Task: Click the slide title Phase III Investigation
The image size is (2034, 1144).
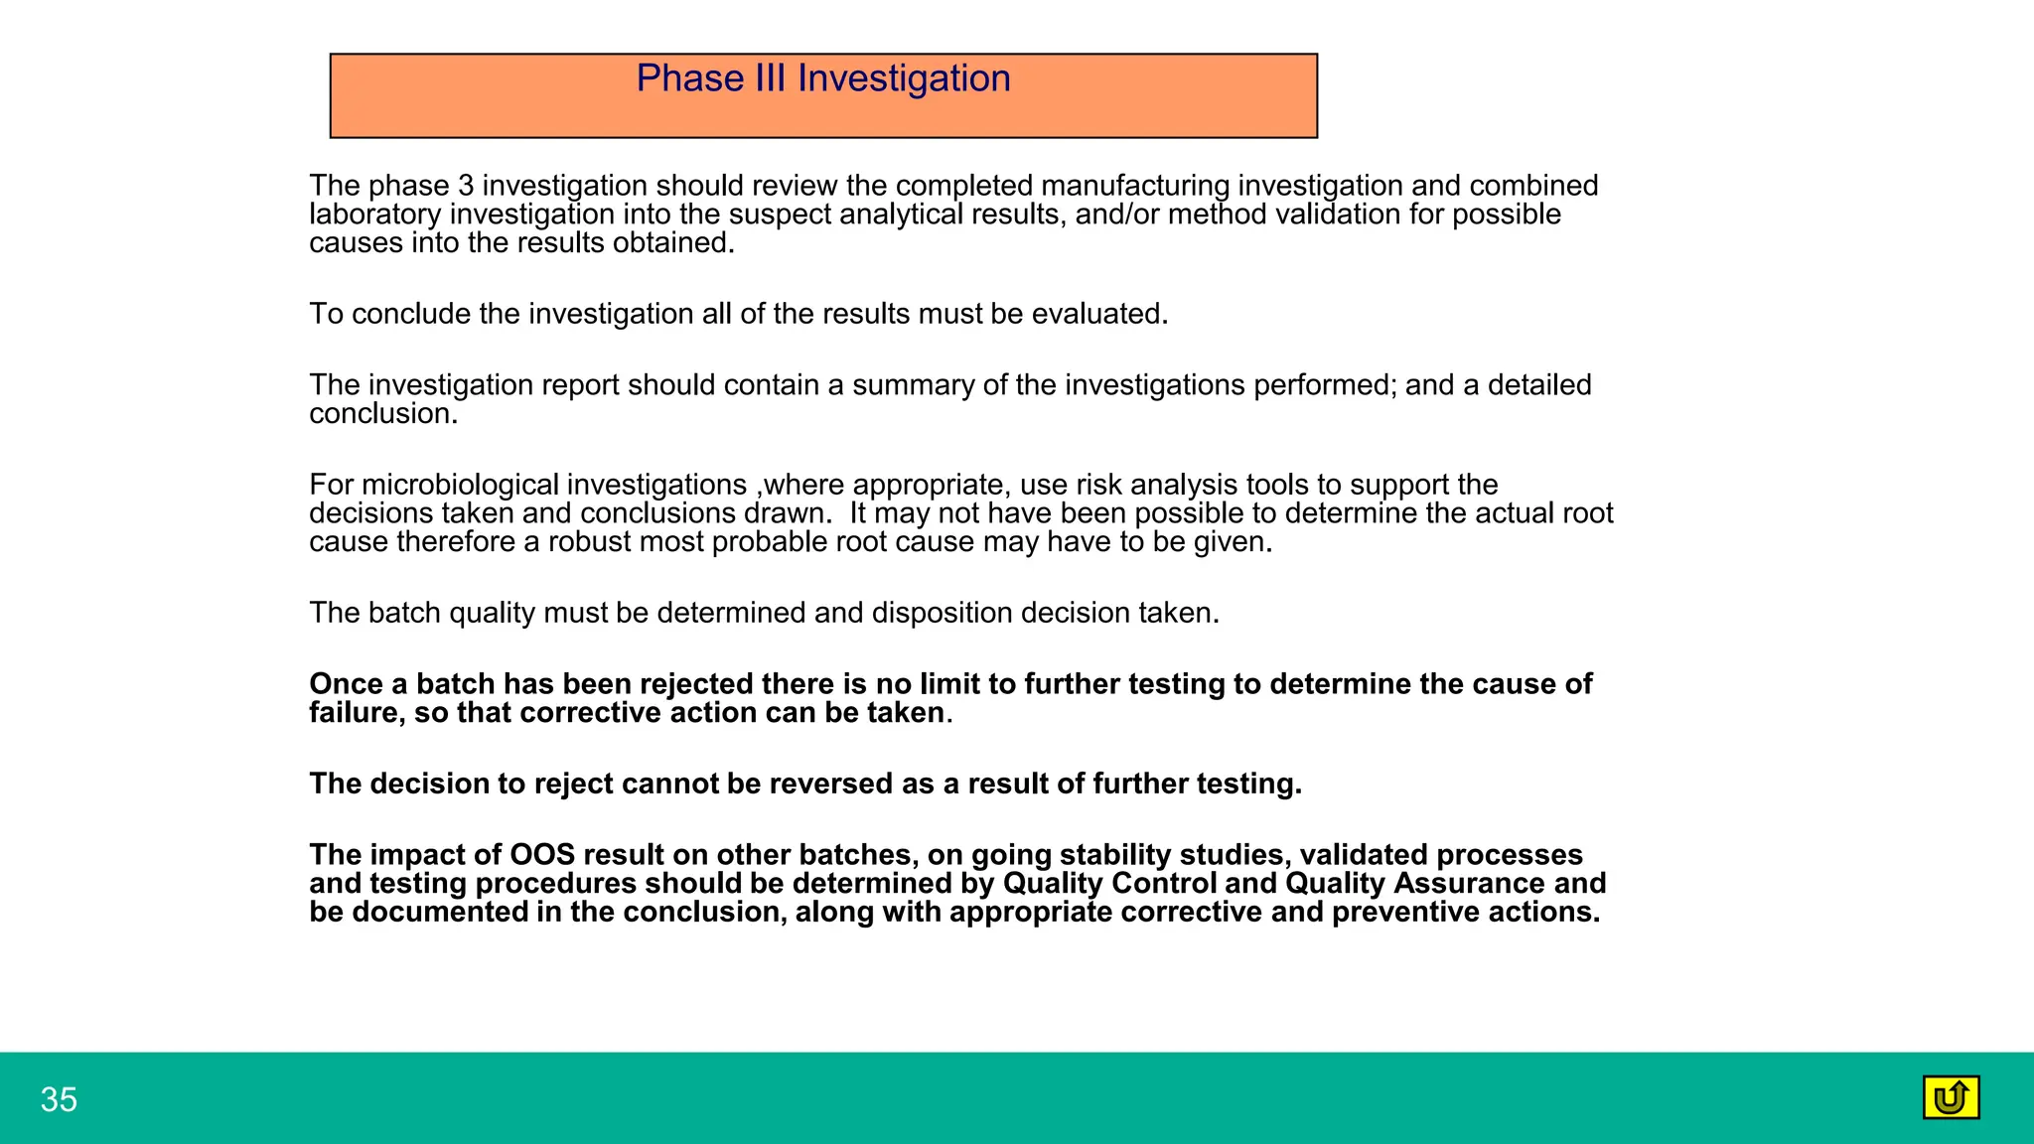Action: pyautogui.click(x=822, y=78)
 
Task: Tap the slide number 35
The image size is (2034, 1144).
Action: pyautogui.click(x=59, y=1100)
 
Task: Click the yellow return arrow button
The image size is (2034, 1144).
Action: pyautogui.click(x=1951, y=1097)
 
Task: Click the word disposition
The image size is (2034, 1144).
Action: pyautogui.click(x=942, y=613)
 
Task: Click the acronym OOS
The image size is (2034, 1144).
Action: pyautogui.click(x=542, y=855)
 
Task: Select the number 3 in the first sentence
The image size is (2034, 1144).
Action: pyautogui.click(x=466, y=187)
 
